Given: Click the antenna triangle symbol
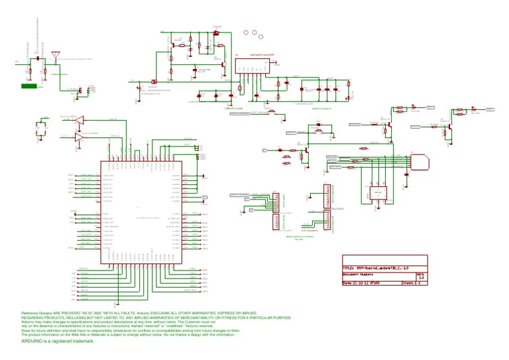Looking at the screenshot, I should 56,52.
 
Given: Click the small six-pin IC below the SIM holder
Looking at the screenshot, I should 378,192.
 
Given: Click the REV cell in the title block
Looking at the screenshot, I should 420,272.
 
